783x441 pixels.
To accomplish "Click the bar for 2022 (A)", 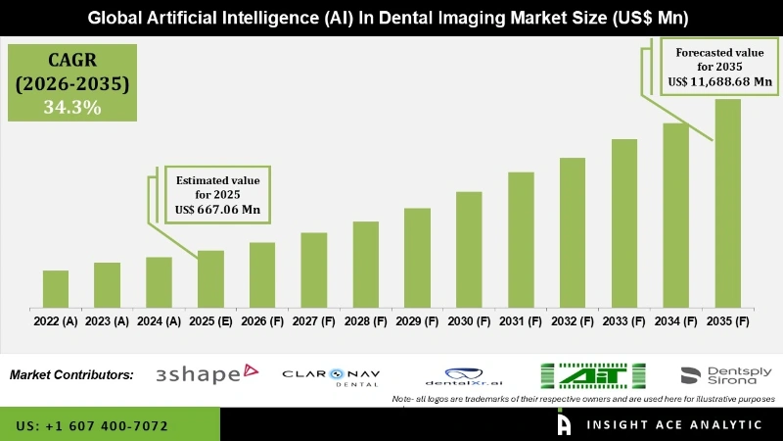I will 56,289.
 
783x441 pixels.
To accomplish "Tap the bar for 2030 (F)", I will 469,249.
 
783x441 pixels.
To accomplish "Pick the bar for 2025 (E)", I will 210,279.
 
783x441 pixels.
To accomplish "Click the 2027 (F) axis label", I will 314,321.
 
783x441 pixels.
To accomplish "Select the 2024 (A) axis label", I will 159,321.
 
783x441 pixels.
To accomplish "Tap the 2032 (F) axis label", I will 573,321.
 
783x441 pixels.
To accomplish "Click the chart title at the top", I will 391,18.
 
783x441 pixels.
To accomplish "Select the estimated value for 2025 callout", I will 217,194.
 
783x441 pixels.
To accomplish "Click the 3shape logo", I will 206,373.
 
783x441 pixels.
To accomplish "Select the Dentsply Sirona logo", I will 725,375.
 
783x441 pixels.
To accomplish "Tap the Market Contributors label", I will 71,374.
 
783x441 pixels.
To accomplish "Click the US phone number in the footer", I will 93,426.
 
